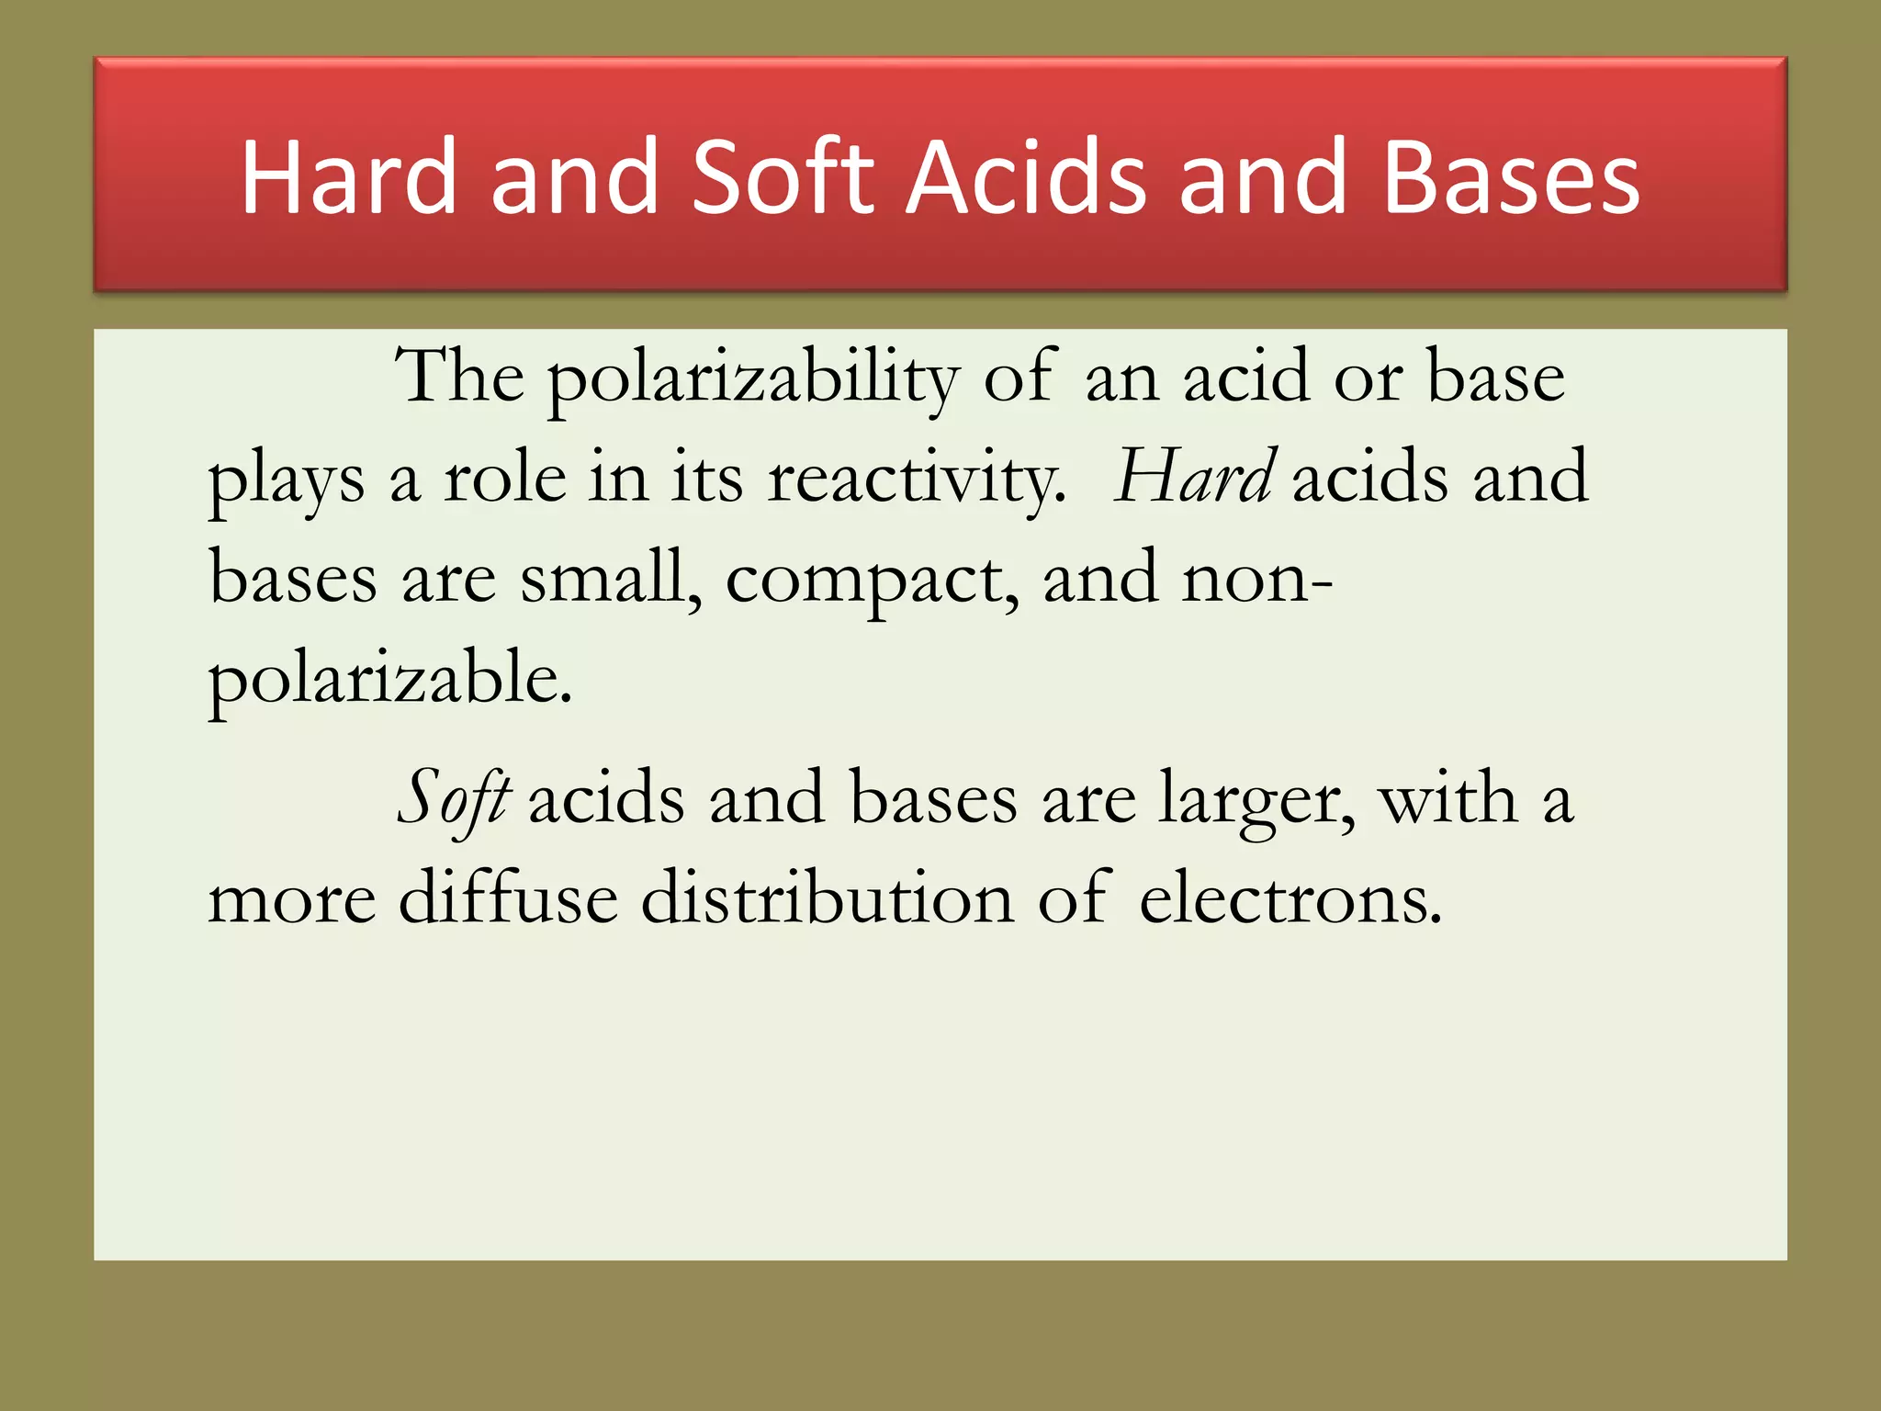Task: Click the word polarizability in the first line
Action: click(x=754, y=378)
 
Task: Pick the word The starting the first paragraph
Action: click(x=459, y=376)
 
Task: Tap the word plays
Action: click(x=286, y=480)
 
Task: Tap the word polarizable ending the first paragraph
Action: click(x=390, y=681)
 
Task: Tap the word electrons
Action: click(x=1290, y=898)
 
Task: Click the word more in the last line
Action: click(x=292, y=900)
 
